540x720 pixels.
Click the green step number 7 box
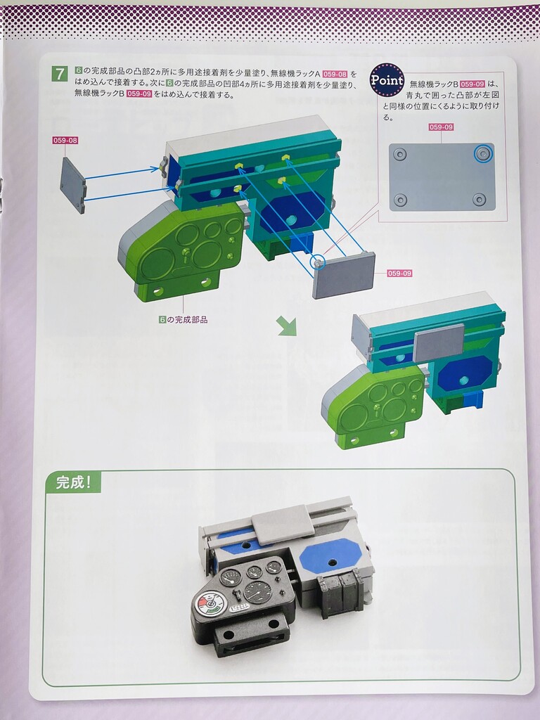point(60,74)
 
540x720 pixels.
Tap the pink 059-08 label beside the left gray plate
point(65,140)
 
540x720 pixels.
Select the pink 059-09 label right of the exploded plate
point(399,274)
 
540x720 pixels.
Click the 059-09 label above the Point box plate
point(441,127)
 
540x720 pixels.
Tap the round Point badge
point(387,80)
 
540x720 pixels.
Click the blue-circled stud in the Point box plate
point(482,154)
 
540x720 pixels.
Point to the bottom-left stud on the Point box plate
point(401,200)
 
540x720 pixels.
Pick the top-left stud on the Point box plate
point(400,154)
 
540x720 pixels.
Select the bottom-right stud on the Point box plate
point(480,199)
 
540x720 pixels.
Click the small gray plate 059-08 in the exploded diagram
point(73,185)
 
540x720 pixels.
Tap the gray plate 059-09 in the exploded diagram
point(345,276)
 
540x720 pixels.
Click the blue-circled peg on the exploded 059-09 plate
point(319,263)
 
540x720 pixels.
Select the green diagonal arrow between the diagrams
point(288,326)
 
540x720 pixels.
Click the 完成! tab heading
point(73,482)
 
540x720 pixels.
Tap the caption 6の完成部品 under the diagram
point(184,320)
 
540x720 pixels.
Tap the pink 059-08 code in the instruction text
point(335,74)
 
